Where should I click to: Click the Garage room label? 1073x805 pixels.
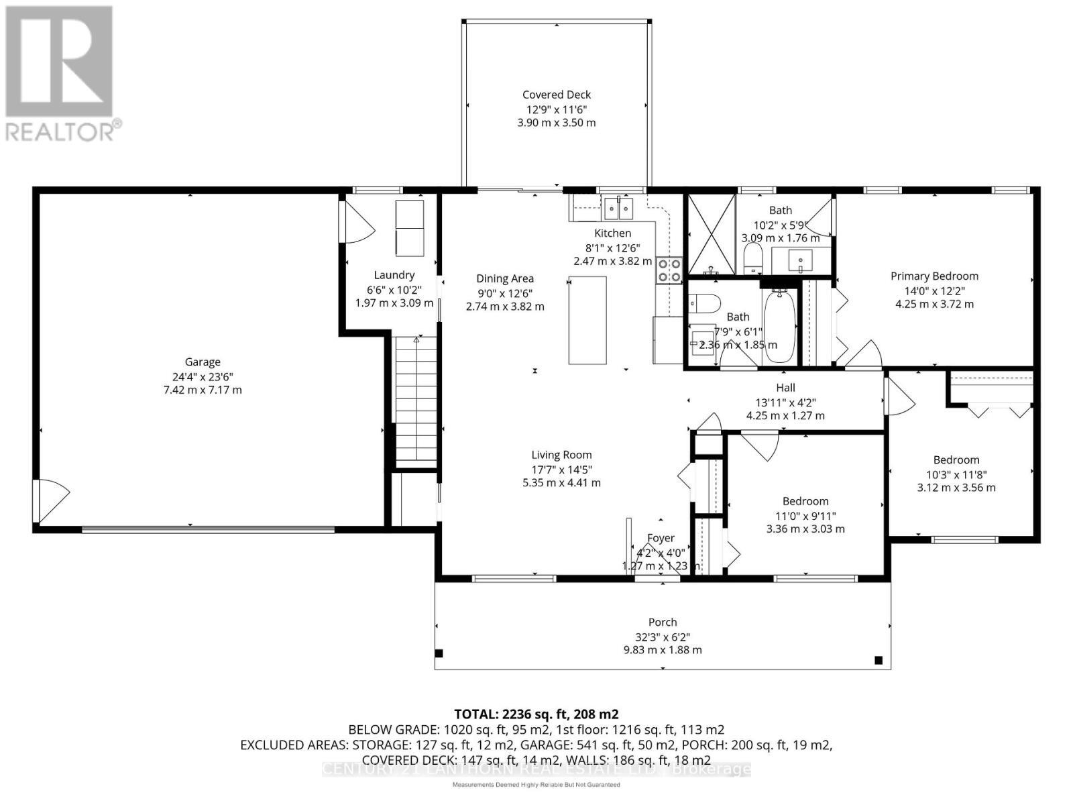coord(203,362)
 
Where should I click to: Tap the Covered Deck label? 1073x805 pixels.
coord(557,95)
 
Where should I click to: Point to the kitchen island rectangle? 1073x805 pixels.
coord(587,320)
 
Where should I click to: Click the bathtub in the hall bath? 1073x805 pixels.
coord(779,326)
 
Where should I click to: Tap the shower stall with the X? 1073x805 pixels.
coord(712,235)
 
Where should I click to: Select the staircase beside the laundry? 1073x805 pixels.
coord(416,399)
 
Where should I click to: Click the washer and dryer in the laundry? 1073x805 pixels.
coord(409,227)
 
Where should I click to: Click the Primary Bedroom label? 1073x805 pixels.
coord(934,276)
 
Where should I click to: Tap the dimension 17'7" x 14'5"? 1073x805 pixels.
coord(561,469)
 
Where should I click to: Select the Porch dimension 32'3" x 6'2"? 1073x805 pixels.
coord(662,637)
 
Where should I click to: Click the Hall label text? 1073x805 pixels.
coord(785,388)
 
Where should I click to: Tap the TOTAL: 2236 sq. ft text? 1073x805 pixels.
coord(536,714)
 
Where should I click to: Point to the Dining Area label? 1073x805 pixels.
coord(505,279)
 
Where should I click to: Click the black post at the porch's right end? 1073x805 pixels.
coord(879,660)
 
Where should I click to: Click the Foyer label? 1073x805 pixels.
coord(661,538)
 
